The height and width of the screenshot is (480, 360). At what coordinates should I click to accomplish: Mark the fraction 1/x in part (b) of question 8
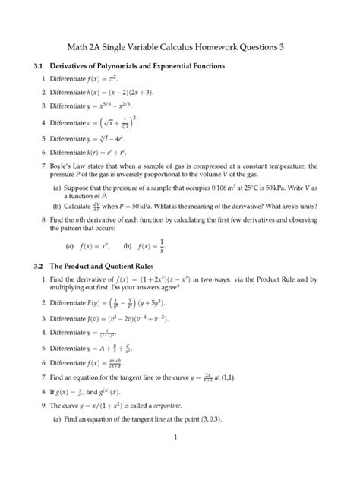[164, 247]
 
